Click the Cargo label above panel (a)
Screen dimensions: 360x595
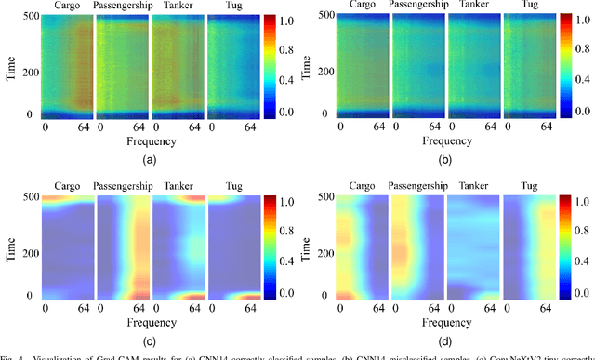67,7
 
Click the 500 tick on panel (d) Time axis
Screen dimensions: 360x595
326,197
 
